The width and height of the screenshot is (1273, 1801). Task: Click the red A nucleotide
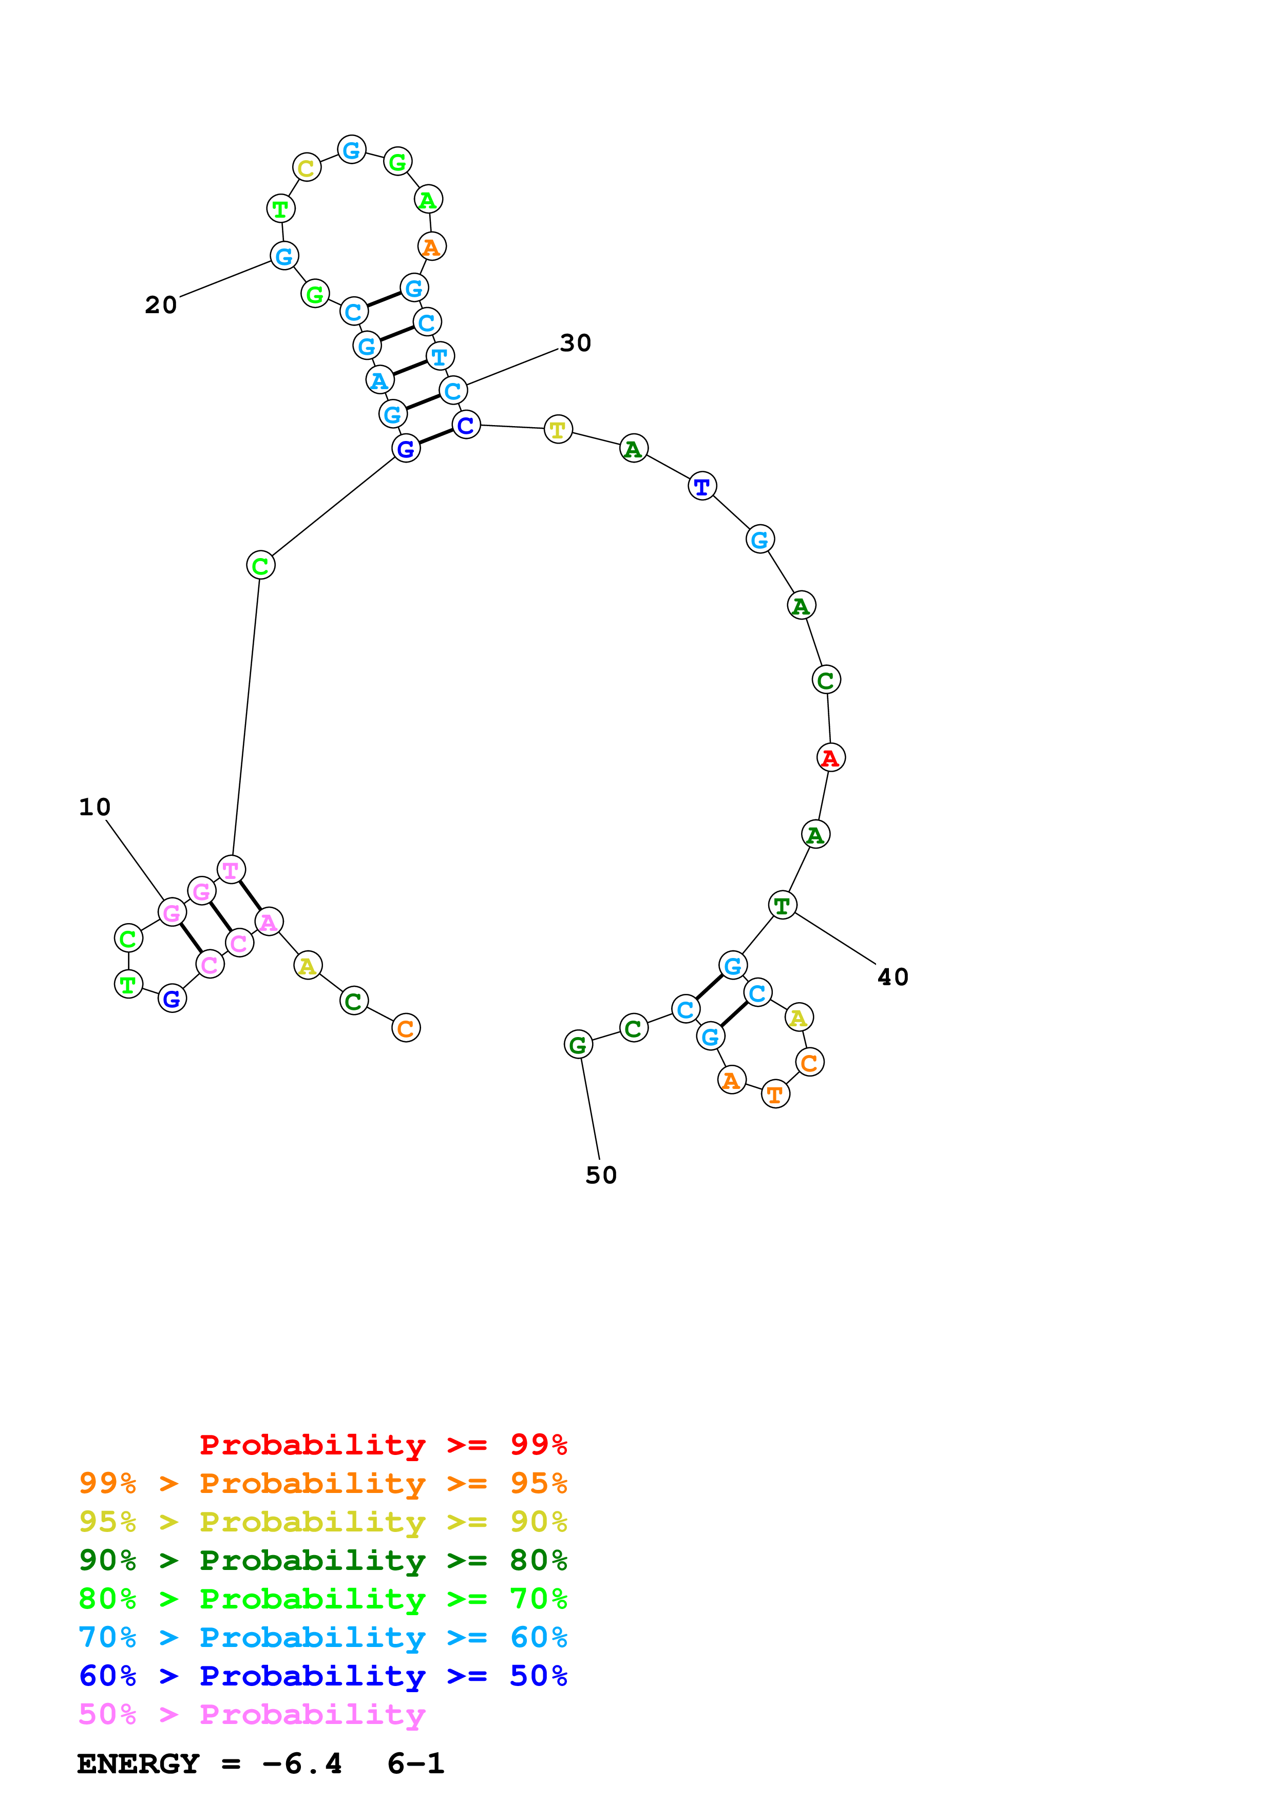point(831,758)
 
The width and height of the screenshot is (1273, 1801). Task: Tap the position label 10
point(95,807)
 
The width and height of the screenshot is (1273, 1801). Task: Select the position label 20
point(161,305)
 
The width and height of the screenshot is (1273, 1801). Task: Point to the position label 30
point(575,343)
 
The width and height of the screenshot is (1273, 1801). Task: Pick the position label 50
point(601,1175)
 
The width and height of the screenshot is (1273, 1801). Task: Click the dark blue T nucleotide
point(702,486)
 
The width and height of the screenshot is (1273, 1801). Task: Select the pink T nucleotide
point(231,870)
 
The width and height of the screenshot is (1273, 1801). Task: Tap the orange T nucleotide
point(775,1094)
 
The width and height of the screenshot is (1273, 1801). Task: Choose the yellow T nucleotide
point(558,429)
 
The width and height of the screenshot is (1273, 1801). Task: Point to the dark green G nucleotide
point(578,1045)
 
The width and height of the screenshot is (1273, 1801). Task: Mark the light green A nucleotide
point(428,200)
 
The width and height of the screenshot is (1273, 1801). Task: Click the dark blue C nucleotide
point(466,425)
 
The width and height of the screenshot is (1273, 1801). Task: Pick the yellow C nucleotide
point(306,168)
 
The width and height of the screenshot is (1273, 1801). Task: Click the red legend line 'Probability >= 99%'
point(383,1445)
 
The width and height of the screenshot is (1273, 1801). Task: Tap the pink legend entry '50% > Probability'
point(252,1714)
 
